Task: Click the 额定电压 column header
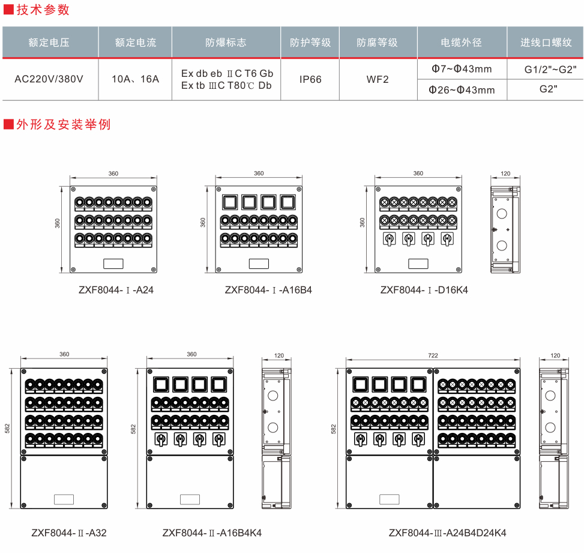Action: pyautogui.click(x=49, y=43)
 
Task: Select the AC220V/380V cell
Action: pyautogui.click(x=49, y=79)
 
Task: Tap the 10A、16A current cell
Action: pyautogui.click(x=136, y=79)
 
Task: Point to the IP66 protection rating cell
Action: pyautogui.click(x=310, y=79)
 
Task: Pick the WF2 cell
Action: pyautogui.click(x=378, y=79)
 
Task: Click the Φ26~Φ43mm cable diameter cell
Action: pyautogui.click(x=462, y=90)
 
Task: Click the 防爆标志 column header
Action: pyautogui.click(x=226, y=43)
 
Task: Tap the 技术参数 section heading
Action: pyautogui.click(x=41, y=10)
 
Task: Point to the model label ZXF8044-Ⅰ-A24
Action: pyautogui.click(x=112, y=289)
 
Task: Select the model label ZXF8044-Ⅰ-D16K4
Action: pyautogui.click(x=424, y=289)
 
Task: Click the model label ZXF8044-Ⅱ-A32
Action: pyautogui.click(x=69, y=533)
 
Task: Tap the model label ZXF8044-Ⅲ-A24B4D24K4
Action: pyautogui.click(x=447, y=533)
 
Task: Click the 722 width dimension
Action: pyautogui.click(x=433, y=355)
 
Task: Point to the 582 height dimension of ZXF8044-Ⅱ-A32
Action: pyautogui.click(x=7, y=428)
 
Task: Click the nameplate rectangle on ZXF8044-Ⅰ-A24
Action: pyautogui.click(x=113, y=263)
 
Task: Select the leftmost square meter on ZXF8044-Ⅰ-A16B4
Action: pyautogui.click(x=230, y=201)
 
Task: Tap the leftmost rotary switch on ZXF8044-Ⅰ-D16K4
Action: pyautogui.click(x=389, y=240)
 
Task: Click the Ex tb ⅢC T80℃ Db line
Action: pyautogui.click(x=226, y=85)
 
